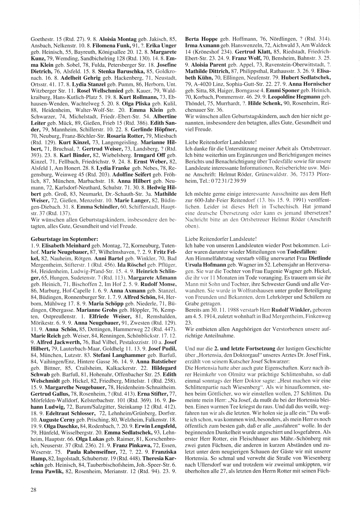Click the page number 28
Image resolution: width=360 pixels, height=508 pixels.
pyautogui.click(x=33, y=489)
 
